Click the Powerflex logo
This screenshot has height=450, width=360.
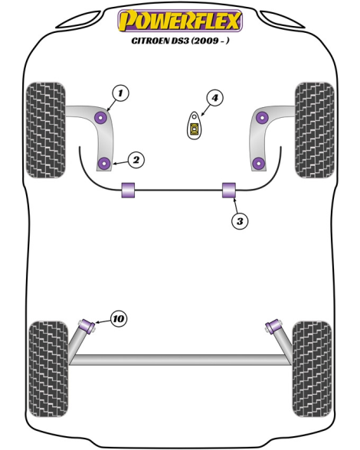(180, 21)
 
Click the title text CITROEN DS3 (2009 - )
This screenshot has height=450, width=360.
(180, 41)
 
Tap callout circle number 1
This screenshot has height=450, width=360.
(120, 93)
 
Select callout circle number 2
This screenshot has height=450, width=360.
(136, 159)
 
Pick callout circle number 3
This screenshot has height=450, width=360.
(240, 221)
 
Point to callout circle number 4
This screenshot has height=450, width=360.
(215, 98)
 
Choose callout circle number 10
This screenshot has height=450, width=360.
(119, 318)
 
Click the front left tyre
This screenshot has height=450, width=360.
(46, 130)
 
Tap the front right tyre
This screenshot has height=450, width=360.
(315, 130)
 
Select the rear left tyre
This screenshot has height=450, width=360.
(49, 369)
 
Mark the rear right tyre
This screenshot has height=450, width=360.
(312, 369)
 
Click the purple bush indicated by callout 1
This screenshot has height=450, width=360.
(101, 117)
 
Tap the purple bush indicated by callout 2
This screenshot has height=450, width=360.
(104, 163)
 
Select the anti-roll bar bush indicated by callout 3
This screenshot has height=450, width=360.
(229, 190)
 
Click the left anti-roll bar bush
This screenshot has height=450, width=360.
(128, 190)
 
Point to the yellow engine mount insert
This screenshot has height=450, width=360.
(195, 129)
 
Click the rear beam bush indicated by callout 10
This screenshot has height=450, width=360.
(87, 325)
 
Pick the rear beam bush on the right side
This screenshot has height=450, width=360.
(273, 326)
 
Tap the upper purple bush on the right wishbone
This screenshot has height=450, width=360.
(262, 117)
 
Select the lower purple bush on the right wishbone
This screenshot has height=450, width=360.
(259, 163)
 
